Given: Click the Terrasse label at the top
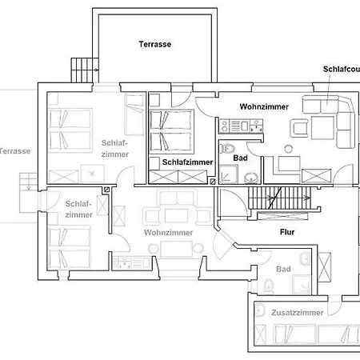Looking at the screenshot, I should pos(154,45).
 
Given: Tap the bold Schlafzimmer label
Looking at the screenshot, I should pos(187,161).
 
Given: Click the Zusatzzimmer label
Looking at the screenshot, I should pos(297,313).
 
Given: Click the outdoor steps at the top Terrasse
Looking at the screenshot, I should pos(81,69).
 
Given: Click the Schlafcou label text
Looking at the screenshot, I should pos(341,70).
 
